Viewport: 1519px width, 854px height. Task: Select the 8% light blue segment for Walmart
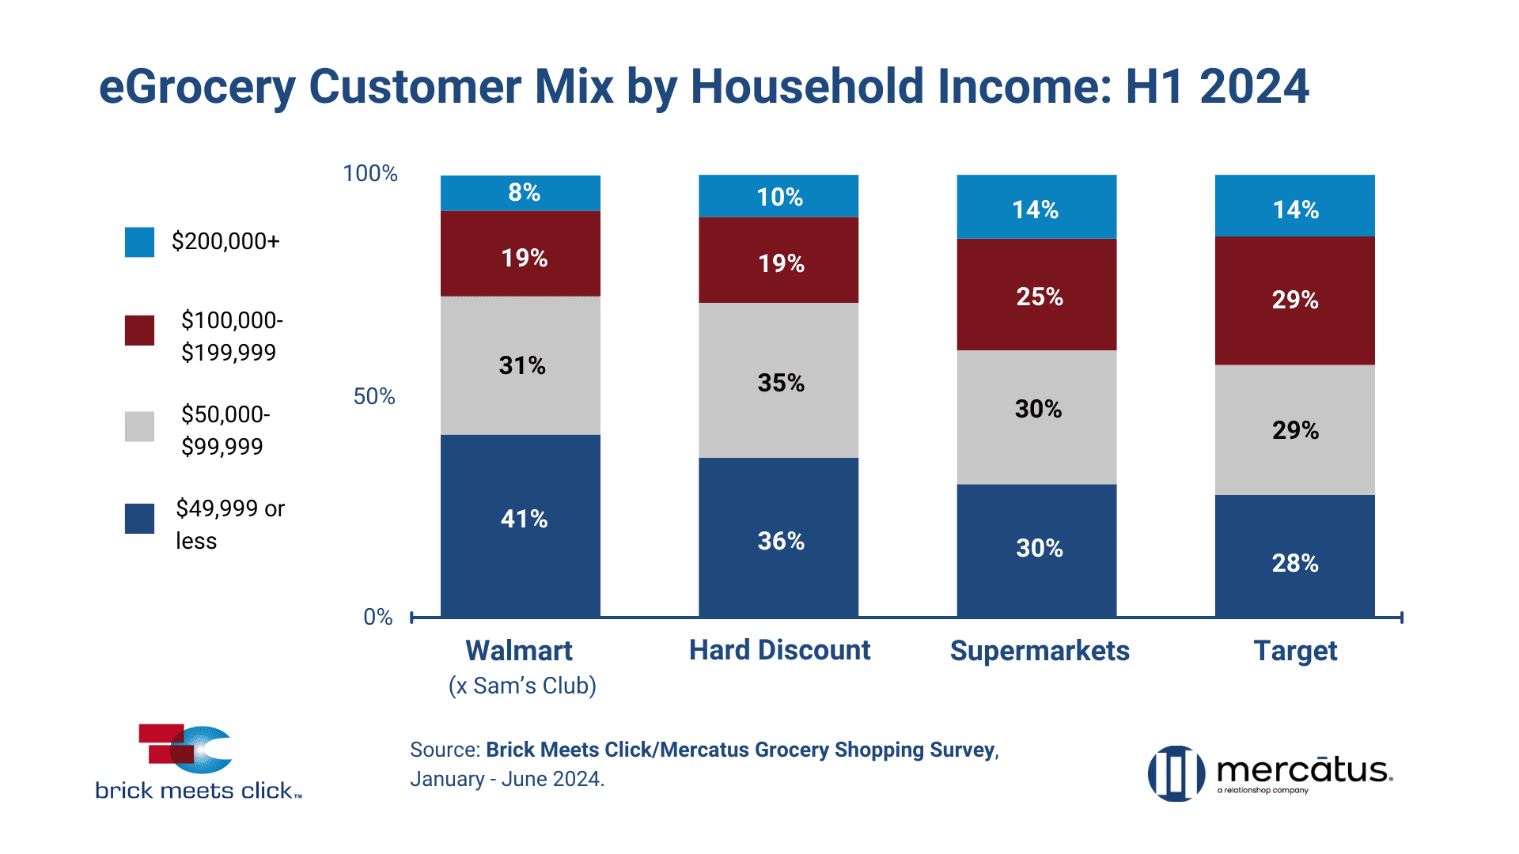coord(521,193)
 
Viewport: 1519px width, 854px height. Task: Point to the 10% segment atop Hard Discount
coord(778,196)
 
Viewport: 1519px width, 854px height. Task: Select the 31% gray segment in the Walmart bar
coord(521,365)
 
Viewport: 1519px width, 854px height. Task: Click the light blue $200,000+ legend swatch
coord(139,242)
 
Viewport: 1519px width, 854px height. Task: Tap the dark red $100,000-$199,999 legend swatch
coord(139,331)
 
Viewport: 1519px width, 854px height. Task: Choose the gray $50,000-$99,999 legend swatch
coord(139,426)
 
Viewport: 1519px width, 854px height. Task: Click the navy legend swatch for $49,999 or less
coord(139,519)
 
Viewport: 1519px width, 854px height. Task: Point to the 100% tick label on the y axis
coord(369,173)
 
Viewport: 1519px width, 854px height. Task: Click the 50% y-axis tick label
coord(374,396)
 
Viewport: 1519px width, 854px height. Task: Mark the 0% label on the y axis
coord(378,617)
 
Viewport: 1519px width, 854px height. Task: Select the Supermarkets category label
coord(1040,651)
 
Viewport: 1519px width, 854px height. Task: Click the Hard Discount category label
coord(779,650)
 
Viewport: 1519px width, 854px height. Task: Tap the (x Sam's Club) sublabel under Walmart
coord(522,686)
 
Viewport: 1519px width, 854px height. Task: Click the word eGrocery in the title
coord(197,87)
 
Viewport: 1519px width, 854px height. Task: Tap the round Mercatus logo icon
coord(1176,773)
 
